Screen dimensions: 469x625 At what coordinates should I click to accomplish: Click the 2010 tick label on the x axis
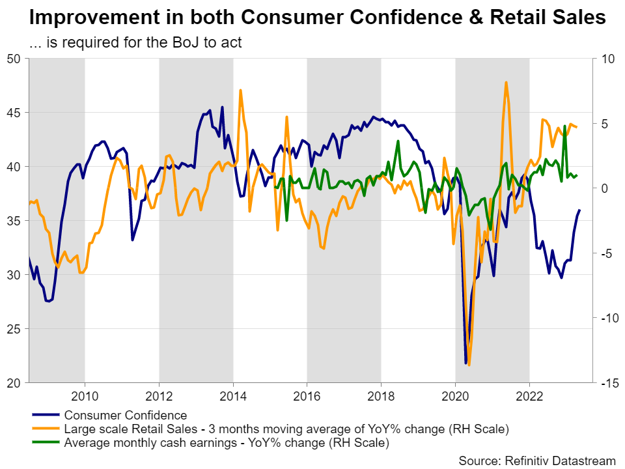tap(85, 397)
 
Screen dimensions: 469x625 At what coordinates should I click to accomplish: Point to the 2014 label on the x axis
tap(233, 397)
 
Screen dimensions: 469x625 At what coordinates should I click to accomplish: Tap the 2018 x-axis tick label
tap(382, 397)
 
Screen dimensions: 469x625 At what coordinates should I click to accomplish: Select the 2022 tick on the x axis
tap(529, 397)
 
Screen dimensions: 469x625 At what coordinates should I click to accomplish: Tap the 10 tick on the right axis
tap(607, 59)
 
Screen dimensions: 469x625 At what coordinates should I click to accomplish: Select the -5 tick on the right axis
tap(607, 253)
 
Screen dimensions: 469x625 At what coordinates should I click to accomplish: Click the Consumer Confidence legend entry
tap(125, 415)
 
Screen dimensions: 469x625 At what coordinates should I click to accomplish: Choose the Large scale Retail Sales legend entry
tap(286, 429)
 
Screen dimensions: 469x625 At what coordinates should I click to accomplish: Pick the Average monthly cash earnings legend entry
tap(226, 444)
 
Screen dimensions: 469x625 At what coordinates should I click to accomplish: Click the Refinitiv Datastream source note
tap(537, 461)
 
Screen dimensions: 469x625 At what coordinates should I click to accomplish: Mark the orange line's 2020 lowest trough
tap(469, 365)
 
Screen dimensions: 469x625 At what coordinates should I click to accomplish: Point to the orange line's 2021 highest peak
tap(506, 82)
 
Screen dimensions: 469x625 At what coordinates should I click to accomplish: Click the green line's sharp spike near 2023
tap(564, 126)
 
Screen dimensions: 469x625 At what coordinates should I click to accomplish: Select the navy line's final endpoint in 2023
tap(580, 210)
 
